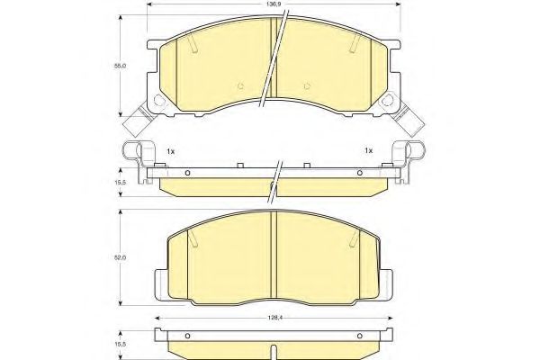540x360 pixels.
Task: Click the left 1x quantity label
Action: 171,150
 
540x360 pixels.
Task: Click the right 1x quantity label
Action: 368,150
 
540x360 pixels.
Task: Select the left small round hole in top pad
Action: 240,87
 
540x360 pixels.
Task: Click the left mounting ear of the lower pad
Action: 162,276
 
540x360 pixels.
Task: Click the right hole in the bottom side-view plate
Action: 361,338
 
